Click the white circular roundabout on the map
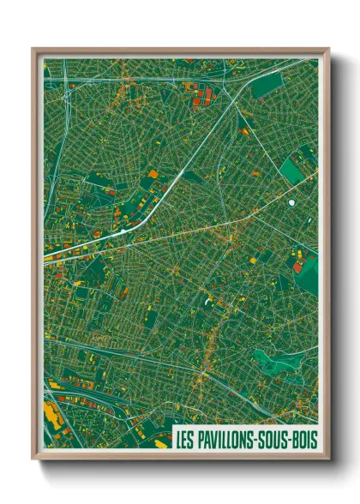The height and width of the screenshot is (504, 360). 292,202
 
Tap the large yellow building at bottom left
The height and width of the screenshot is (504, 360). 51,419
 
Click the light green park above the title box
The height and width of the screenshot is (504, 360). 287,361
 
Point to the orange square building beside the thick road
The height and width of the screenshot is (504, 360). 153,174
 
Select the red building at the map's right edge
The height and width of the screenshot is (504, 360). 298,266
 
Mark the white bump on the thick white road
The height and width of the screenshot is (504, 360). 125,230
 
